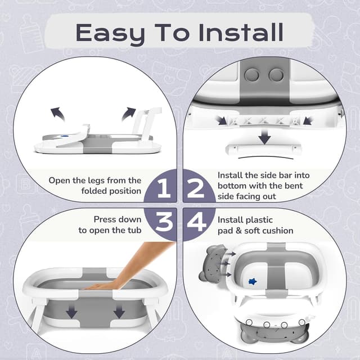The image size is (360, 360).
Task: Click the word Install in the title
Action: (x=239, y=33)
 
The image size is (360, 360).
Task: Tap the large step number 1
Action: (x=163, y=188)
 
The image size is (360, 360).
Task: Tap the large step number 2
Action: (x=196, y=188)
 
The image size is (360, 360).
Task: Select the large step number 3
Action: (x=163, y=222)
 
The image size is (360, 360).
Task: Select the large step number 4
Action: (x=196, y=222)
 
